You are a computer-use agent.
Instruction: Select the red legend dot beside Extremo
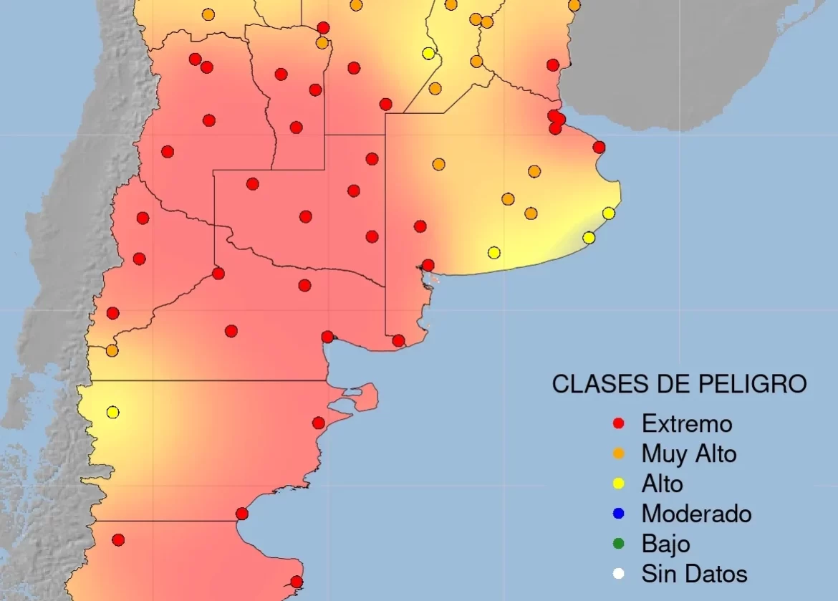620,423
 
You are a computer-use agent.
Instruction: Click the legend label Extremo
687,423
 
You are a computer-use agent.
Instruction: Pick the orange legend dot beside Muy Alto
620,453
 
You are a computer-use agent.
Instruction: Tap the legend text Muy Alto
689,453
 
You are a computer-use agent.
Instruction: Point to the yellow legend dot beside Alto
620,484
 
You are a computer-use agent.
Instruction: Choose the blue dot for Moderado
620,514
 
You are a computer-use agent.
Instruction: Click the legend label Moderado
696,514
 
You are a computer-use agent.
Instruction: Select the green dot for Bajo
620,544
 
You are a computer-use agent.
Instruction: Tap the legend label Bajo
666,544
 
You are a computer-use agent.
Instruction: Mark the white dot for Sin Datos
620,574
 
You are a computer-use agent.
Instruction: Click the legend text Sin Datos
694,574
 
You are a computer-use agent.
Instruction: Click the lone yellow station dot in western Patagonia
112,412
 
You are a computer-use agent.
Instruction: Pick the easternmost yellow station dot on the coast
609,213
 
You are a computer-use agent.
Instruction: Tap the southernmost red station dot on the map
297,582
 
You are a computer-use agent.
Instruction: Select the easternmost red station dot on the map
599,147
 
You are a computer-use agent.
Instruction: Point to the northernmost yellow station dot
428,53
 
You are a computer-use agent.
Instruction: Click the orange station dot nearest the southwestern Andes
112,350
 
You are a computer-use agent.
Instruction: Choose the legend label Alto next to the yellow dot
663,484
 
